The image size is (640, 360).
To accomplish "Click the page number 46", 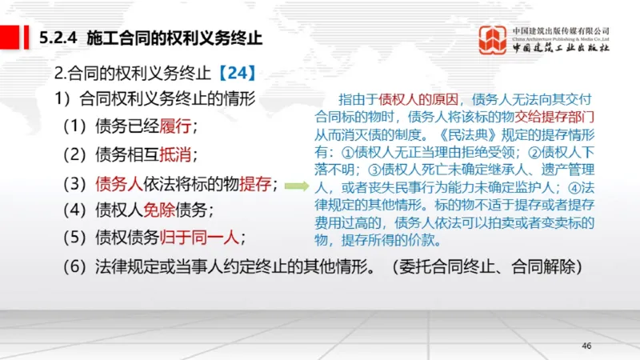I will point(586,345).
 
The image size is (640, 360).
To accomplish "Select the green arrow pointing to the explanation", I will point(297,186).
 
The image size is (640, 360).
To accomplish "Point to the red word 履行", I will point(177,127).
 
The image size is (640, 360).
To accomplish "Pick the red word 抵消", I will point(177,154).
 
